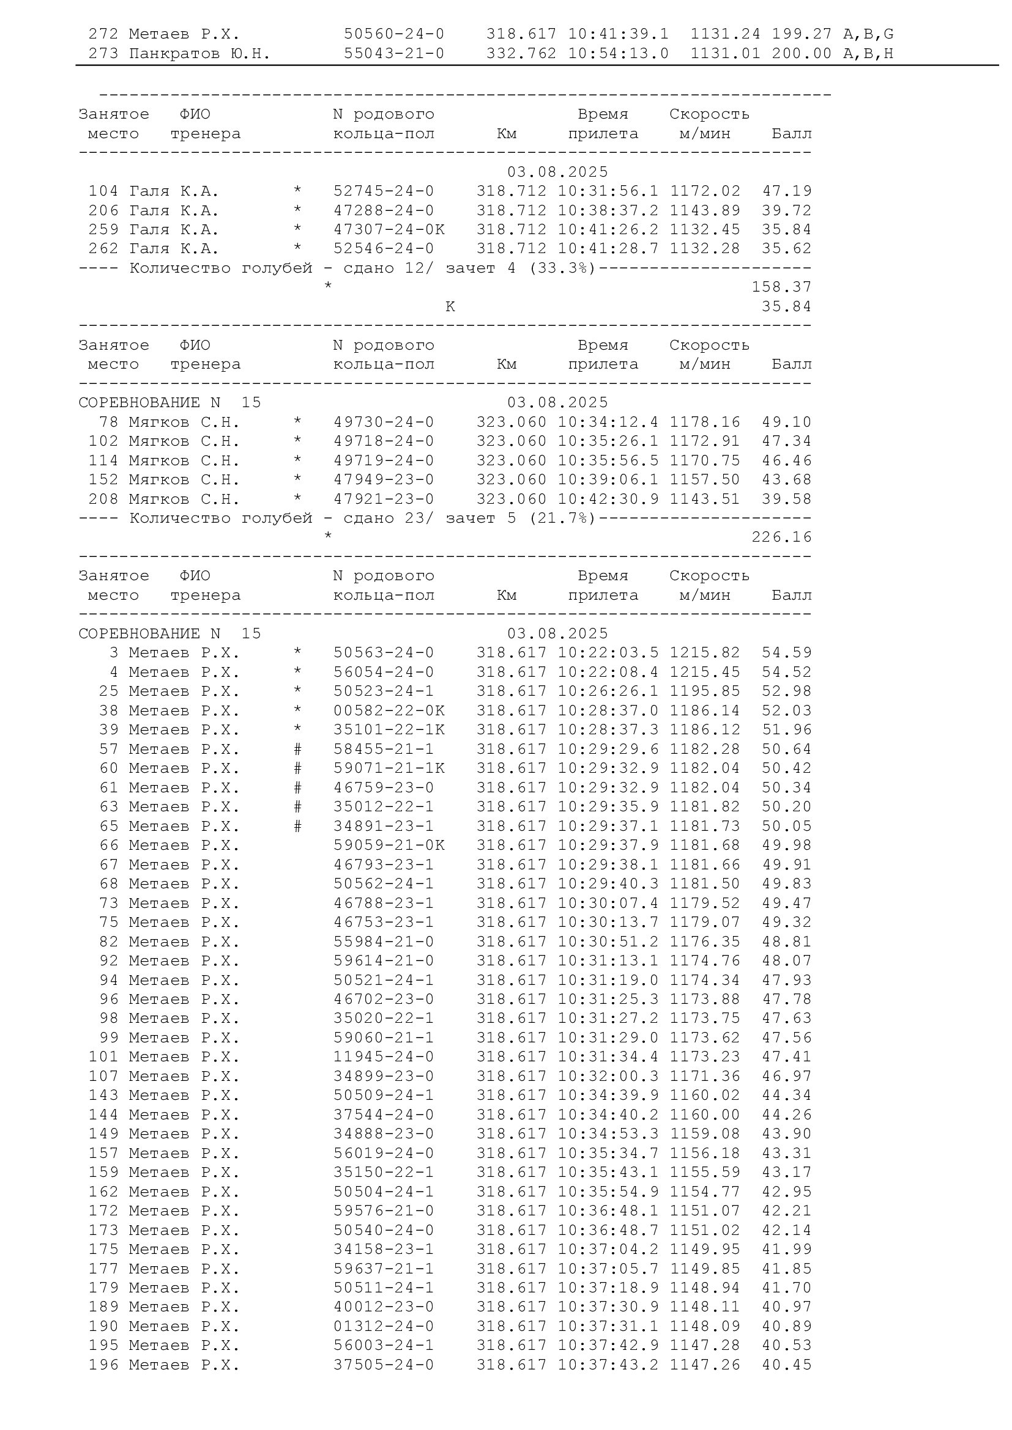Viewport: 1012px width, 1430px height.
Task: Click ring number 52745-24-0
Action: pyautogui.click(x=383, y=191)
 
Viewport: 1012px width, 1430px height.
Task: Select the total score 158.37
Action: pyautogui.click(x=781, y=287)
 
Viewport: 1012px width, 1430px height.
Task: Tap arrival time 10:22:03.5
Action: pyautogui.click(x=608, y=653)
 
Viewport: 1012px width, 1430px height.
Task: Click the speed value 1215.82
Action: pyautogui.click(x=705, y=653)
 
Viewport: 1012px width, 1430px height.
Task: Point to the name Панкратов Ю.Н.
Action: pyautogui.click(x=199, y=54)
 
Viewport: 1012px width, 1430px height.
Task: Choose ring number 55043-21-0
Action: pyautogui.click(x=394, y=54)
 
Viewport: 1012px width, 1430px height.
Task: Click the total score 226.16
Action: pyautogui.click(x=781, y=537)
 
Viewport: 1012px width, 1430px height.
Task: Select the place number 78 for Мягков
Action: pyautogui.click(x=108, y=422)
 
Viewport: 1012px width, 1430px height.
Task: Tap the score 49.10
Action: pyautogui.click(x=786, y=422)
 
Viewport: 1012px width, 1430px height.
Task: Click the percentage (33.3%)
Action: pyautogui.click(x=563, y=268)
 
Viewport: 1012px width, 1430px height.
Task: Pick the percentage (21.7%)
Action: pyautogui.click(x=563, y=518)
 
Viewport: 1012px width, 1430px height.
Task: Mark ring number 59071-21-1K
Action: pyautogui.click(x=389, y=768)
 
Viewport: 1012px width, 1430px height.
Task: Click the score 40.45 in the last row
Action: pyautogui.click(x=786, y=1365)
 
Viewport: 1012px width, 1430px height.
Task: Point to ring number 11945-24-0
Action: pyautogui.click(x=383, y=1056)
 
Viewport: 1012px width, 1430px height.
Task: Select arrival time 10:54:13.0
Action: pyautogui.click(x=618, y=54)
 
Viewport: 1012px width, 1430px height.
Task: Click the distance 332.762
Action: pyautogui.click(x=521, y=54)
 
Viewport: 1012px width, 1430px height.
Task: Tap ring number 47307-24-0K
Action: pyautogui.click(x=389, y=230)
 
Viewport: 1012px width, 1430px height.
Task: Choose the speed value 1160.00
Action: pyautogui.click(x=705, y=1115)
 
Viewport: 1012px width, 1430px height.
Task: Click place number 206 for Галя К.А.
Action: pyautogui.click(x=103, y=210)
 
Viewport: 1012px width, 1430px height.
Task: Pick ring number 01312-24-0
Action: pyautogui.click(x=383, y=1326)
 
